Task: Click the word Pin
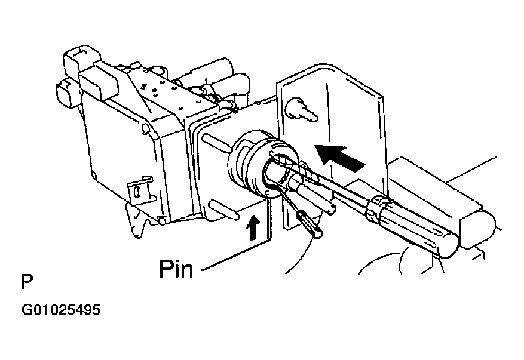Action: click(x=176, y=269)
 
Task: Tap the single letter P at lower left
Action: click(x=27, y=282)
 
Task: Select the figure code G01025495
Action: click(x=61, y=310)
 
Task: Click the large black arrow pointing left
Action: click(x=340, y=157)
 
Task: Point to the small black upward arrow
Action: click(x=253, y=227)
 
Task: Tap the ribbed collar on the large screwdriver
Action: click(x=378, y=208)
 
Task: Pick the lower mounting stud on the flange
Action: click(x=223, y=210)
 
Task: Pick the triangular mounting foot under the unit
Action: click(x=137, y=221)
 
